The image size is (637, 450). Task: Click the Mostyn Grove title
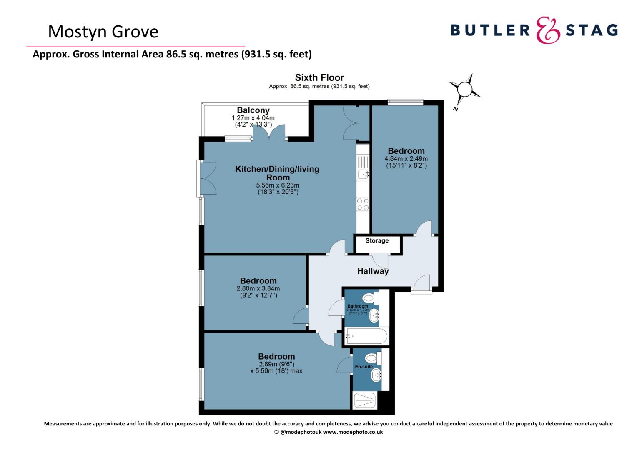coord(103,32)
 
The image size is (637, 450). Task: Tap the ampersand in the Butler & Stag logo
coord(548,30)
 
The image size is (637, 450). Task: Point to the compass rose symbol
coord(464,89)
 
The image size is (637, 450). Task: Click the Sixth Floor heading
coord(319,77)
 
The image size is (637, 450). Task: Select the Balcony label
coord(253,110)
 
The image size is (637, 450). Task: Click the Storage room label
coord(377,240)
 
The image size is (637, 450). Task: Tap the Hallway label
coord(373,271)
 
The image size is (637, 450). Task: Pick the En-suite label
coord(364,367)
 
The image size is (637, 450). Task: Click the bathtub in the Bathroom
coord(366,336)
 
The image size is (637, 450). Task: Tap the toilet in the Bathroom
coord(370,298)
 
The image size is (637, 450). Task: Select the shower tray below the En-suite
coord(365,400)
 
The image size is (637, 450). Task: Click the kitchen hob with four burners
coord(363,204)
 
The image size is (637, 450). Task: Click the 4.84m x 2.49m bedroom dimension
coord(406,159)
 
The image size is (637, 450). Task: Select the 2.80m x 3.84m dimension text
coord(258,288)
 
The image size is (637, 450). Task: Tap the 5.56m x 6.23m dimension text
coord(278,185)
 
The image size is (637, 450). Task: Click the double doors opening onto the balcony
coord(269,132)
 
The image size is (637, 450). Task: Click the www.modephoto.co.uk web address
coord(353,432)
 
